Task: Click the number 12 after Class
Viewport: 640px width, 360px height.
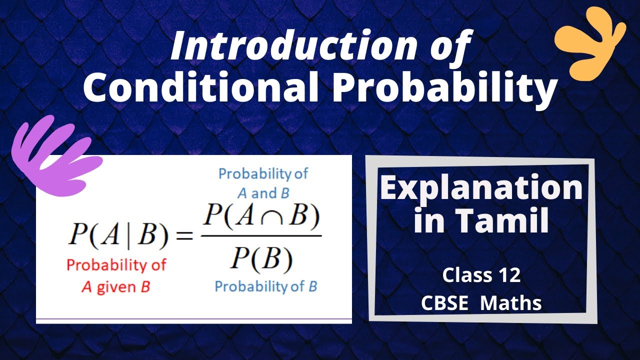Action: pyautogui.click(x=508, y=275)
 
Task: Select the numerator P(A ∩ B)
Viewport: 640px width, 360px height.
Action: pyautogui.click(x=260, y=216)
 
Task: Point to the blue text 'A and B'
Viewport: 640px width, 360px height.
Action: pyautogui.click(x=263, y=192)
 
